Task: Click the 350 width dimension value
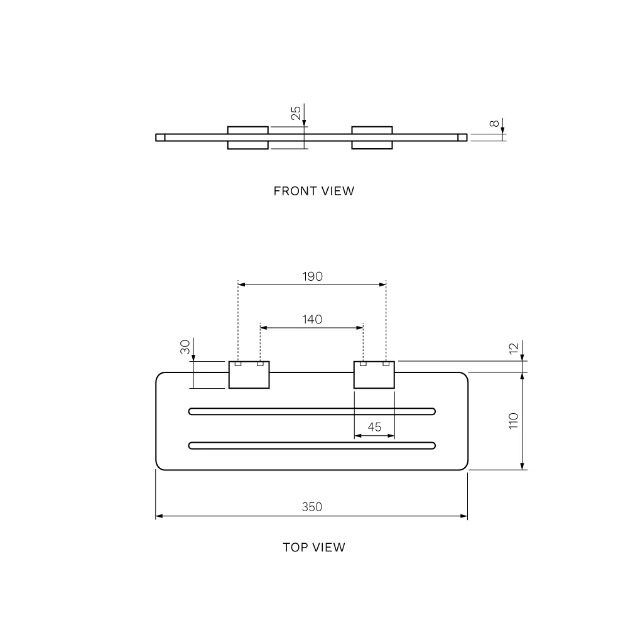(x=311, y=507)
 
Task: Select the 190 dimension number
(x=312, y=276)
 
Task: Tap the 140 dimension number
(x=312, y=319)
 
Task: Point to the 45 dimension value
(x=374, y=427)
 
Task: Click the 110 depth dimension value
(x=514, y=421)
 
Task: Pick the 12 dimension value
(x=514, y=349)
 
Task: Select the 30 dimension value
(x=185, y=347)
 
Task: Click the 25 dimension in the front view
(x=296, y=113)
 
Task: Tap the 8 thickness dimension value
(x=494, y=123)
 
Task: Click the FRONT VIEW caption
(x=314, y=191)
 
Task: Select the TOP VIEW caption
(x=314, y=547)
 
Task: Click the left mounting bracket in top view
(x=249, y=375)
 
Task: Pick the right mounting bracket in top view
(x=374, y=375)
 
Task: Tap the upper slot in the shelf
(x=312, y=411)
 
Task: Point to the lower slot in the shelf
(x=312, y=446)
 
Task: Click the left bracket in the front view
(x=248, y=138)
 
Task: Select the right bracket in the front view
(x=372, y=138)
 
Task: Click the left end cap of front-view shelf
(x=160, y=138)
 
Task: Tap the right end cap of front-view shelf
(x=463, y=138)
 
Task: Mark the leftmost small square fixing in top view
(x=238, y=364)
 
